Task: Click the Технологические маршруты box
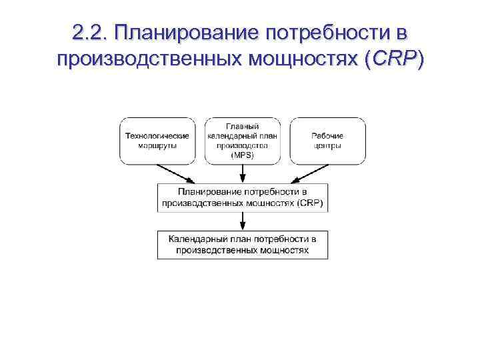157,141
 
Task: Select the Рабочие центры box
327,141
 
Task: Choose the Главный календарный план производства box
243,141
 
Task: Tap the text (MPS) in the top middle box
243,155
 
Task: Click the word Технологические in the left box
157,136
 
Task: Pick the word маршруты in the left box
157,145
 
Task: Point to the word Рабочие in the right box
327,136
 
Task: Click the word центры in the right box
327,145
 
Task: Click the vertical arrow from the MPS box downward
243,173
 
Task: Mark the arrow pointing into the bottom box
243,221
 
